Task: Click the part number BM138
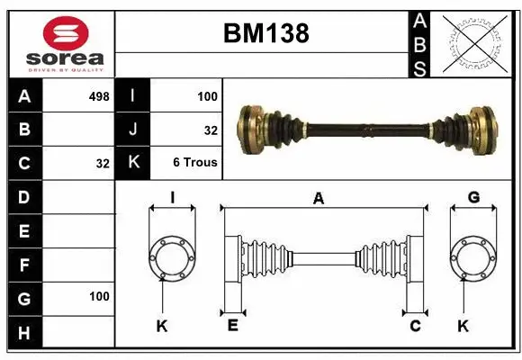(x=265, y=34)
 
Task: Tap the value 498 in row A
(x=99, y=95)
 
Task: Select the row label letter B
(x=24, y=130)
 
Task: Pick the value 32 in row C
(x=102, y=164)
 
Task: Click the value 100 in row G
(x=99, y=296)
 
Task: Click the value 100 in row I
(x=208, y=95)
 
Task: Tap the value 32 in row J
(x=211, y=130)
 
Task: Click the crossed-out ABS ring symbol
(x=475, y=43)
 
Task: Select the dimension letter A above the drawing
(x=318, y=199)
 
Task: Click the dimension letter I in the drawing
(x=171, y=198)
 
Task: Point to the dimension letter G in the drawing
(x=473, y=198)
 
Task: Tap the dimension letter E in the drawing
(x=232, y=325)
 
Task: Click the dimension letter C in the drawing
(x=415, y=325)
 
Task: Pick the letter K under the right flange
(x=463, y=326)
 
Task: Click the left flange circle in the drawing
(x=171, y=258)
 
